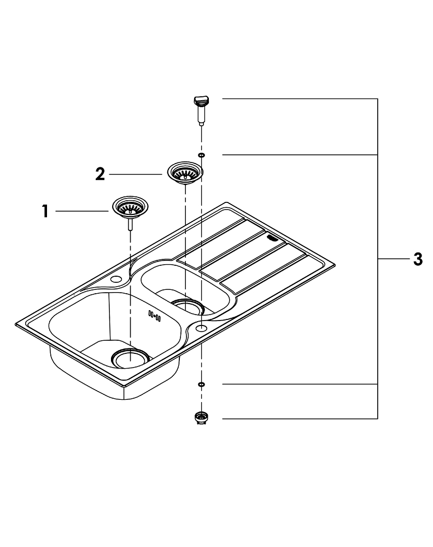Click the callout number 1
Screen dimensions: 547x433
(46, 211)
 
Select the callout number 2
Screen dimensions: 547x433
(100, 174)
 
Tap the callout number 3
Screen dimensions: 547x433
(417, 259)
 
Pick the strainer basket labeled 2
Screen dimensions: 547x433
(184, 172)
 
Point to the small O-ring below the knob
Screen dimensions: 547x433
(201, 155)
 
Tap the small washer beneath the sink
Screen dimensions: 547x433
(201, 385)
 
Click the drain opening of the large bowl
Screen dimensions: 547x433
(130, 358)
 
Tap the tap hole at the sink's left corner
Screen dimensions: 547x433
(116, 280)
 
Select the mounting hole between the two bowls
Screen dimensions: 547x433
(201, 328)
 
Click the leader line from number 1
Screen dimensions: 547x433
(82, 211)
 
